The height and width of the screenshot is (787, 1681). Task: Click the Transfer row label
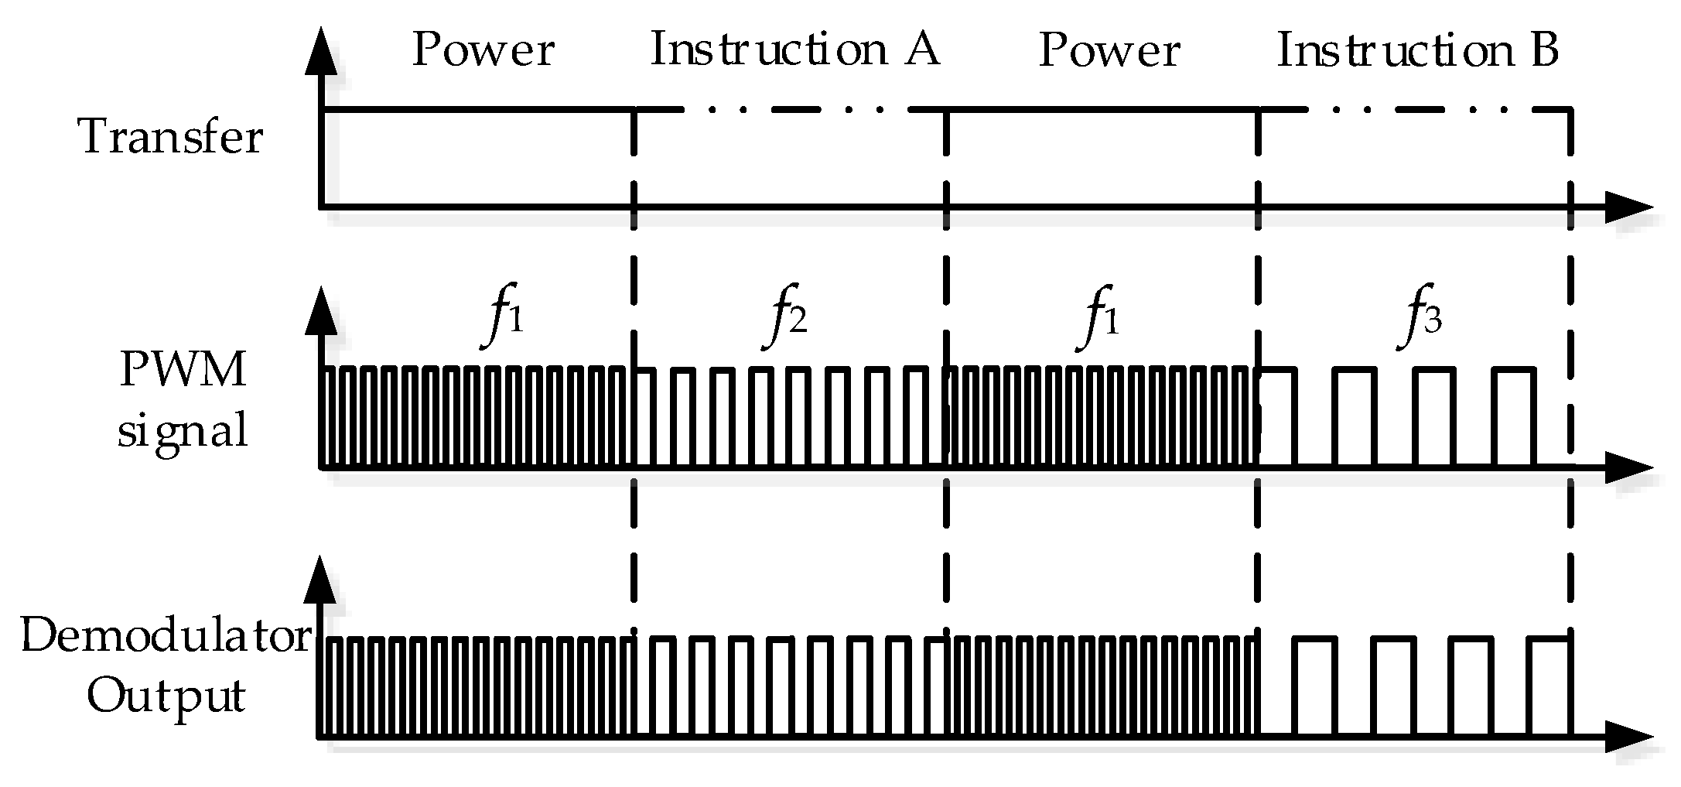(x=171, y=138)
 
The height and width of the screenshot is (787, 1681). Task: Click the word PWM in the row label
(x=183, y=371)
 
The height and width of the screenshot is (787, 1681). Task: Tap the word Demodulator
(x=164, y=638)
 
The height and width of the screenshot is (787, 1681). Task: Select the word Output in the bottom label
(x=166, y=695)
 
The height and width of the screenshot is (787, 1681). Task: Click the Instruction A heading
(x=794, y=50)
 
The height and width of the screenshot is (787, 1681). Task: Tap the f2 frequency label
(x=788, y=318)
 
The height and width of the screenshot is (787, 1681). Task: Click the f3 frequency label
(x=1422, y=318)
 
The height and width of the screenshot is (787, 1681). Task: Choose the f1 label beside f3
(x=1102, y=318)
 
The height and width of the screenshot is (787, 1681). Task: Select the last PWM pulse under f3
(x=1513, y=416)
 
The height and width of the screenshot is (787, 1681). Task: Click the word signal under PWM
(x=183, y=430)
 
